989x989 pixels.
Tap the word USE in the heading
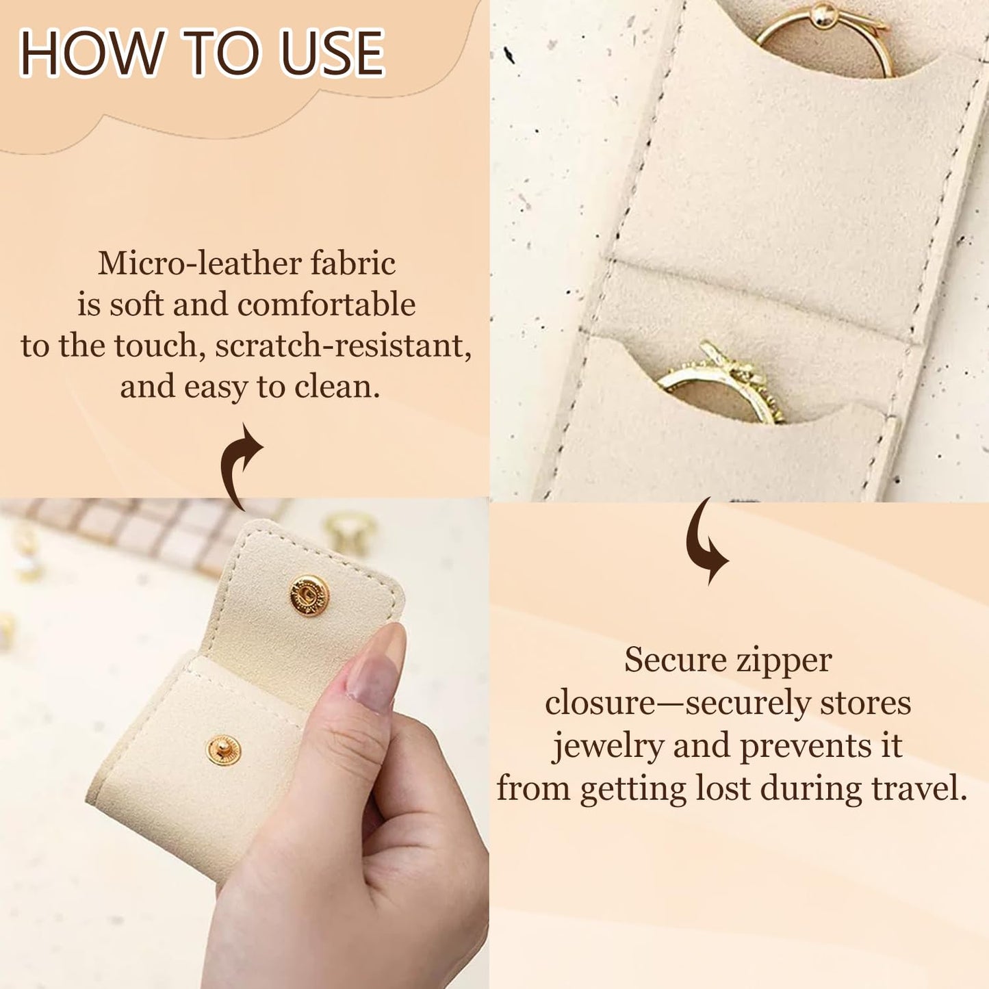click(x=333, y=53)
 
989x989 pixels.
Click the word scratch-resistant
click(x=342, y=346)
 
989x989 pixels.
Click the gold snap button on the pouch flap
click(x=309, y=594)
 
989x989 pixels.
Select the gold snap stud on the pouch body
click(x=223, y=751)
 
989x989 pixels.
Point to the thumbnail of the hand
click(x=375, y=671)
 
